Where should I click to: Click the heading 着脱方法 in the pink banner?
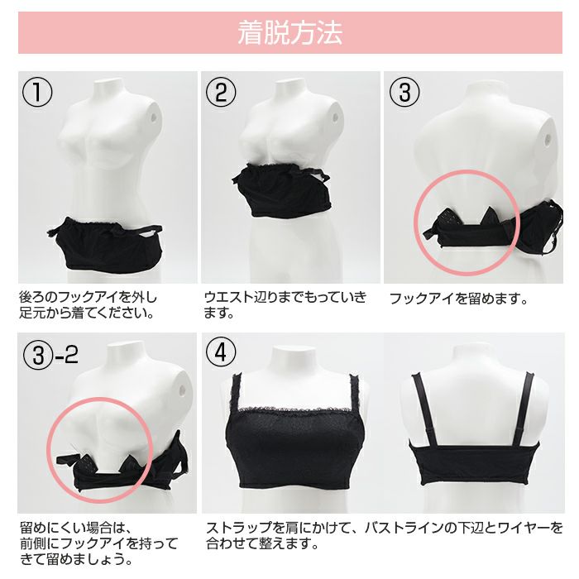[289, 33]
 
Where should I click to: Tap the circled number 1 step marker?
[37, 92]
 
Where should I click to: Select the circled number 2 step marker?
[221, 92]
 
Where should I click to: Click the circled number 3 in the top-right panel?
[404, 92]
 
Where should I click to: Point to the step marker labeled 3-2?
[50, 355]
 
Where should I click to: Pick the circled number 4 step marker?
[221, 352]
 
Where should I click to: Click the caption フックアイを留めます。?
[459, 299]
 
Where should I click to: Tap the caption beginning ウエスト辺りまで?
[285, 305]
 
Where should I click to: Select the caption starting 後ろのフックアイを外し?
[88, 305]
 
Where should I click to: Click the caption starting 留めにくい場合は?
[98, 543]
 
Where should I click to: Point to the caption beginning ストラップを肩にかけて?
[384, 535]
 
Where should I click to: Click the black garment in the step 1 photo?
[105, 244]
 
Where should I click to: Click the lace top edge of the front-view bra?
[293, 410]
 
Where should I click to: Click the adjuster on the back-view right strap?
[519, 431]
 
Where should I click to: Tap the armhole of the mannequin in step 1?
[152, 117]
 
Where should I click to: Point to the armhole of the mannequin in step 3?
[548, 139]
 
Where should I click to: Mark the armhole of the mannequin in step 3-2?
[182, 389]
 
